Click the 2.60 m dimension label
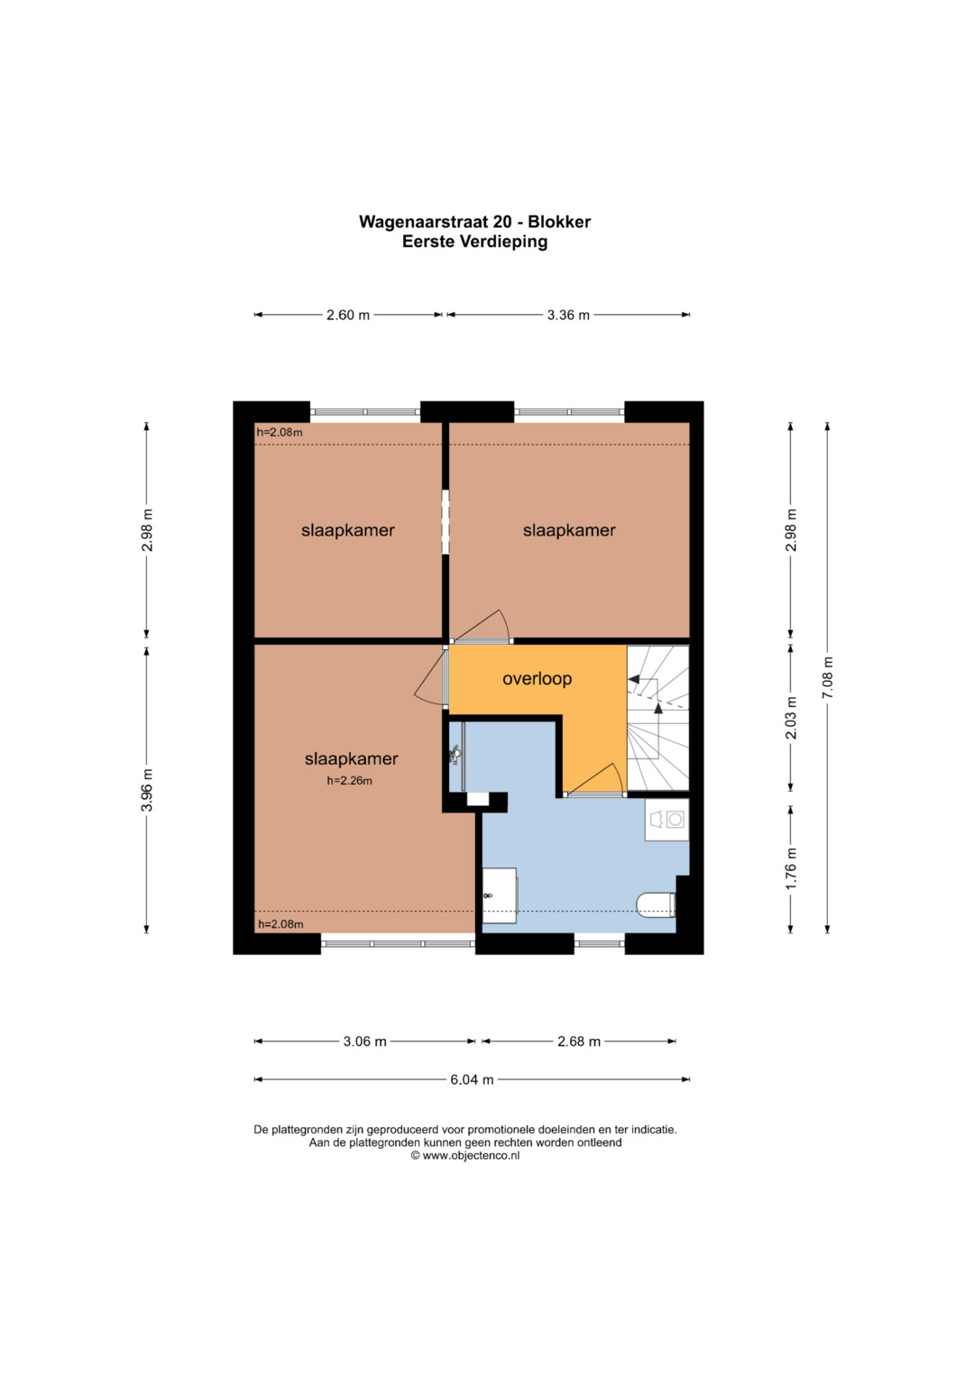(x=348, y=316)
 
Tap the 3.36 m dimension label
(x=568, y=316)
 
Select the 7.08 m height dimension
(x=828, y=677)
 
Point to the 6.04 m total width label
(x=472, y=1079)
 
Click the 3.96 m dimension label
(x=147, y=790)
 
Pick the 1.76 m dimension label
(x=792, y=868)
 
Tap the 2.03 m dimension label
(x=792, y=718)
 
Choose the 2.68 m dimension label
(x=579, y=1042)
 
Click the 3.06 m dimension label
(x=364, y=1042)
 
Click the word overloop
(x=537, y=679)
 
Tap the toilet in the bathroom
(x=657, y=905)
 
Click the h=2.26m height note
(x=349, y=781)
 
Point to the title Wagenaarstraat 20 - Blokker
(x=474, y=221)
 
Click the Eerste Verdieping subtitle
(x=474, y=242)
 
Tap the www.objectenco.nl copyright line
(x=464, y=1155)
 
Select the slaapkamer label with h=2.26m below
(x=351, y=758)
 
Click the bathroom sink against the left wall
(x=500, y=895)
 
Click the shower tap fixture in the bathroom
(x=455, y=754)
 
